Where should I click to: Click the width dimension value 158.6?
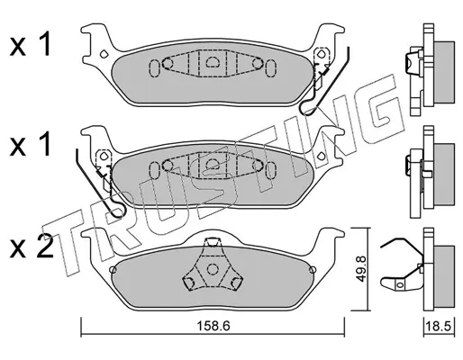coord(213,326)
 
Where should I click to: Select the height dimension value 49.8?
coord(361,268)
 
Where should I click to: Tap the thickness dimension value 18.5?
coord(439,326)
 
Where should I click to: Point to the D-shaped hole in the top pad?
coord(213,62)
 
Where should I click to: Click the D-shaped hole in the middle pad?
coord(213,163)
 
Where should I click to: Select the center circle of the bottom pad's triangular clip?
coord(213,269)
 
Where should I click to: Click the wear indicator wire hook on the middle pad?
coord(100,183)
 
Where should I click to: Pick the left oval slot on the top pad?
coord(154,68)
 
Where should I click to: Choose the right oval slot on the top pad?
coord(270,68)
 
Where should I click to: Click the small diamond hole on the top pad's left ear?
coord(104,54)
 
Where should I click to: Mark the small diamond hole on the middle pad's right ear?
coord(321,156)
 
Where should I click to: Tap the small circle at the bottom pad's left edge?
coord(113,270)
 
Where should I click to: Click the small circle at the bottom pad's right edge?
coord(313,270)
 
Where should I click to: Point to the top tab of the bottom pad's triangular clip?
coord(213,242)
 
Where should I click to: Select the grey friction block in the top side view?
coord(444,74)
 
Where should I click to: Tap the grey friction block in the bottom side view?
coord(444,276)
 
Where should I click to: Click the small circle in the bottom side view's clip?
coord(399,284)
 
